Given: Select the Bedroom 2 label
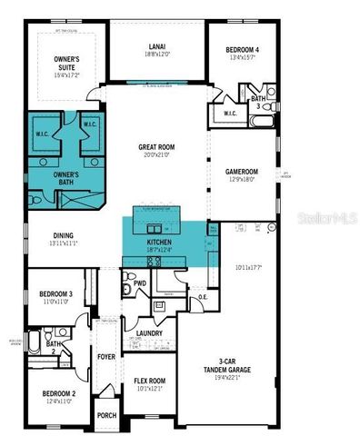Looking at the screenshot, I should [56, 396].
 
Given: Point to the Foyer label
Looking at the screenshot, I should [106, 357].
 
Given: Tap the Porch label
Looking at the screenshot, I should [106, 416].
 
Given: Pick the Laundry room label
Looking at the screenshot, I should [148, 333].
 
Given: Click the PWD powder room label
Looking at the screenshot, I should [140, 283].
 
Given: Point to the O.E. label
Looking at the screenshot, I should [203, 297].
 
